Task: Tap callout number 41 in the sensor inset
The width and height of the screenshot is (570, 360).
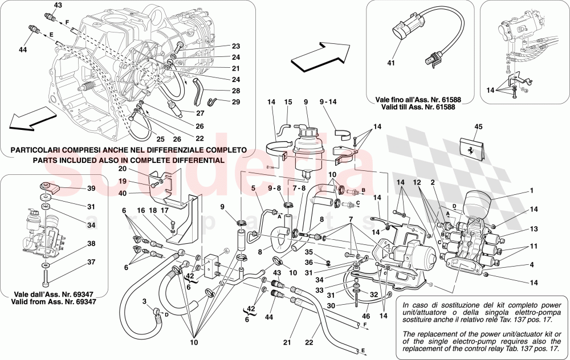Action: [x=391, y=63]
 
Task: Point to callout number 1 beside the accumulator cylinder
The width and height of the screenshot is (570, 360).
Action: [x=532, y=191]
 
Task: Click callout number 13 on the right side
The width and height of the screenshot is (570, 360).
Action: [x=532, y=228]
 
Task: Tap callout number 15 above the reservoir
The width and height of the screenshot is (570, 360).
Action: [x=288, y=102]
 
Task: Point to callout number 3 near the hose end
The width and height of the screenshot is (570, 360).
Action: [x=145, y=301]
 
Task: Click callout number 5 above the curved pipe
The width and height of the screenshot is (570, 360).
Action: [x=253, y=188]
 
